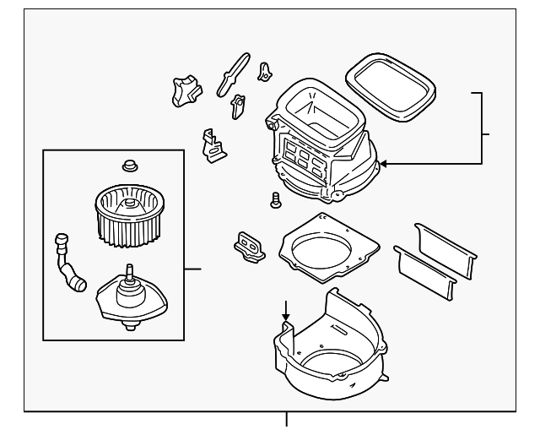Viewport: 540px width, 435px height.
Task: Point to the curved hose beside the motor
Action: click(x=69, y=264)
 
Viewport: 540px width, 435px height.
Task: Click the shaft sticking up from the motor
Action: click(x=131, y=272)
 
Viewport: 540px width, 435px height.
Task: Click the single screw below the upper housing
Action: click(x=275, y=200)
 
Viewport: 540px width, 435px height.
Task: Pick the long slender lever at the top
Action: click(x=233, y=72)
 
